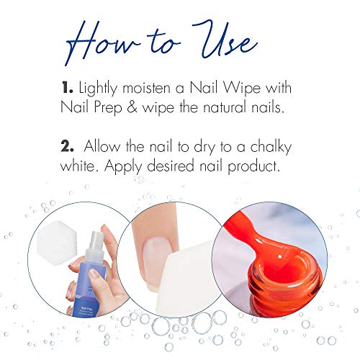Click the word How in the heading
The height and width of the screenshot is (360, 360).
108,37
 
